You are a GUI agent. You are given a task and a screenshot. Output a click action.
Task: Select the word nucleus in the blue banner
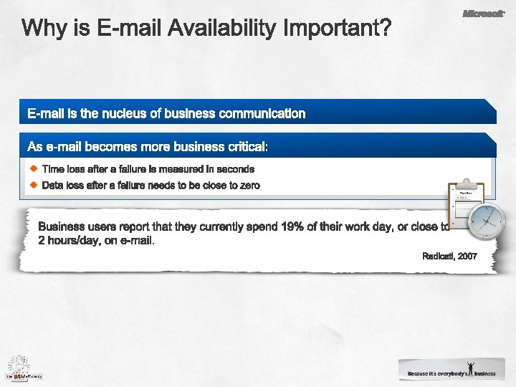point(126,113)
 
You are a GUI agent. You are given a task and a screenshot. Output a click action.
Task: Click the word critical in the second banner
point(246,147)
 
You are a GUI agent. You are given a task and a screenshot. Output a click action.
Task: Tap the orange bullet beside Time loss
point(34,168)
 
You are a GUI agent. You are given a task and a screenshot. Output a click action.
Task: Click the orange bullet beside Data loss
point(34,184)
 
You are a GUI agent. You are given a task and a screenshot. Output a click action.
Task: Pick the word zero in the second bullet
point(248,185)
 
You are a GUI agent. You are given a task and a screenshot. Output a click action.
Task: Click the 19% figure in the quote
point(292,227)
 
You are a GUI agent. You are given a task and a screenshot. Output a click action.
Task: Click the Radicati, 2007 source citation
point(449,256)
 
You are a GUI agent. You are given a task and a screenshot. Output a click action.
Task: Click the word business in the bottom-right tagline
point(484,373)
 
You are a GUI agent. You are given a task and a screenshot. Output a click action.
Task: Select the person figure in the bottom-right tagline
point(469,368)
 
